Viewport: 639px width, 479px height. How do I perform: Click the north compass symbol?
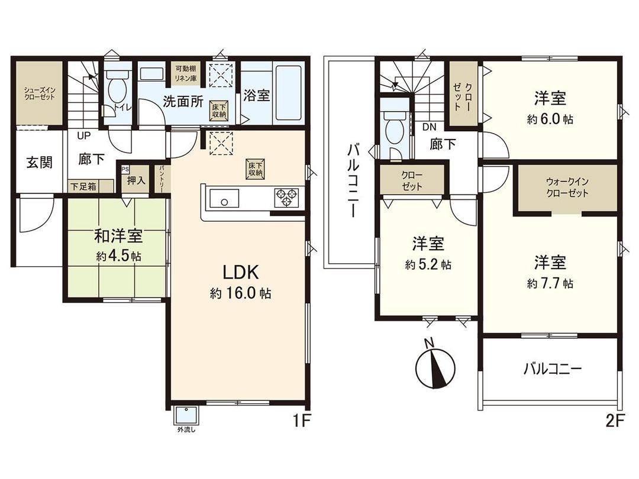coord(434,363)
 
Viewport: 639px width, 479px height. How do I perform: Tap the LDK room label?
coord(240,273)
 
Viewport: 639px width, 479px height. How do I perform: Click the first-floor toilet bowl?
coord(118,88)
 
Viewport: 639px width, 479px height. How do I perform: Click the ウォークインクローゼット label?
coord(567,188)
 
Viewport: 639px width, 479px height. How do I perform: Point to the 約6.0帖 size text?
coord(550,119)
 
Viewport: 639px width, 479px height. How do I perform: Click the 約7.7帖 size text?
coord(550,283)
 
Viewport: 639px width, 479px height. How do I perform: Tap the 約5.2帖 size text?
coord(428,265)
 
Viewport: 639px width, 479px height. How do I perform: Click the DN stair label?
coord(430,127)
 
